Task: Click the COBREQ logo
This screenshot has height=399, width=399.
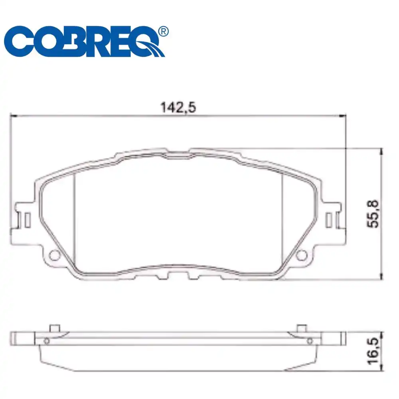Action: (86, 42)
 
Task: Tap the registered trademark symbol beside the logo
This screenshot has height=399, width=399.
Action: (163, 31)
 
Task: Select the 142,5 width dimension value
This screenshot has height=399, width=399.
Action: (178, 107)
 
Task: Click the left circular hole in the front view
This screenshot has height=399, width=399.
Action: (53, 254)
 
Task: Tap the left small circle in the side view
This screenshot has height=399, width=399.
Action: (47, 340)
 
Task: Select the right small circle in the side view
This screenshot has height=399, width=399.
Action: (310, 340)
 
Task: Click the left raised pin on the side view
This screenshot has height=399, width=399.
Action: (54, 328)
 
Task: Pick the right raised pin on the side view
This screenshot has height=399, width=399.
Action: (302, 328)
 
